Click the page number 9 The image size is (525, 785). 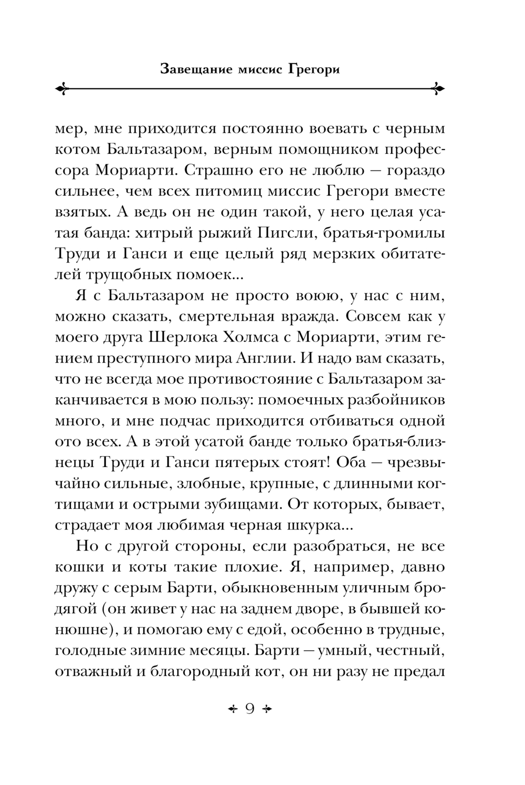(x=250, y=708)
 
